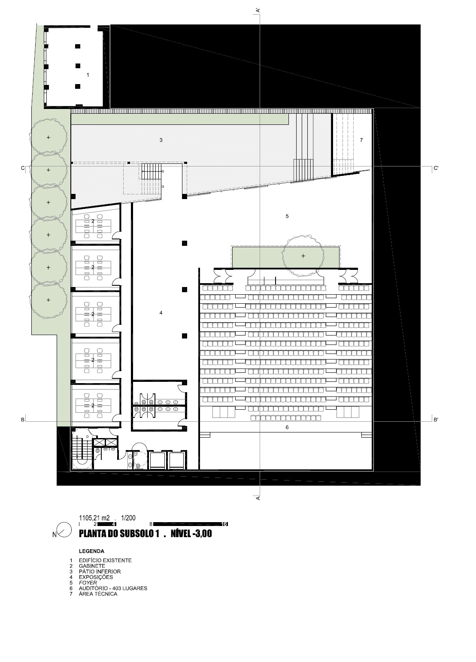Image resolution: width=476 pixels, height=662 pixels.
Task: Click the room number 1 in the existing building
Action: click(88, 75)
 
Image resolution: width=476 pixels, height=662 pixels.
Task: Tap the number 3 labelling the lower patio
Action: click(161, 140)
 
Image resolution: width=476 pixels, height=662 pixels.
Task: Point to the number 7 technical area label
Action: click(361, 140)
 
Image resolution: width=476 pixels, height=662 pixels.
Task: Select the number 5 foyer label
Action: click(287, 216)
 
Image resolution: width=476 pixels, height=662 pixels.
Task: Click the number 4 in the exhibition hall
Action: click(161, 313)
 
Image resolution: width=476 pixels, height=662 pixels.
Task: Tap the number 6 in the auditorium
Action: click(287, 427)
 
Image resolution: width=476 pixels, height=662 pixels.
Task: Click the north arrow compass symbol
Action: click(64, 529)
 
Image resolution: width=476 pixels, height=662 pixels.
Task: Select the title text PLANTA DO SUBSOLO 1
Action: click(119, 534)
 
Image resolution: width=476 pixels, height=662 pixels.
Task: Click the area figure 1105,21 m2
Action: click(94, 518)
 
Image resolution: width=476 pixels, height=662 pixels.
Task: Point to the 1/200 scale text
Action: click(128, 518)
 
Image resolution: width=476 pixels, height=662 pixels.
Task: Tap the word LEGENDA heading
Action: click(92, 551)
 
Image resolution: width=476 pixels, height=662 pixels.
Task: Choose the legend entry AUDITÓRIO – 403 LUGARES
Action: click(113, 588)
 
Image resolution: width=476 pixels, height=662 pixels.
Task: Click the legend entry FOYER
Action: click(88, 583)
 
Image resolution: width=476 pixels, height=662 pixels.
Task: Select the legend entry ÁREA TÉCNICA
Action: click(98, 594)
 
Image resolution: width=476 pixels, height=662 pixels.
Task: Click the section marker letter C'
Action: click(436, 168)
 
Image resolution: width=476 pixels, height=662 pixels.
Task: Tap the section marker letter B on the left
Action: click(22, 420)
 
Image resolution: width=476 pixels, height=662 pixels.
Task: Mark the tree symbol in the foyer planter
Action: click(303, 256)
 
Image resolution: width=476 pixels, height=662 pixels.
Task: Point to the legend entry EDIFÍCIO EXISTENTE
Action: click(105, 560)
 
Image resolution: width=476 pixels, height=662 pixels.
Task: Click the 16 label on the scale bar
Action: click(224, 524)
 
